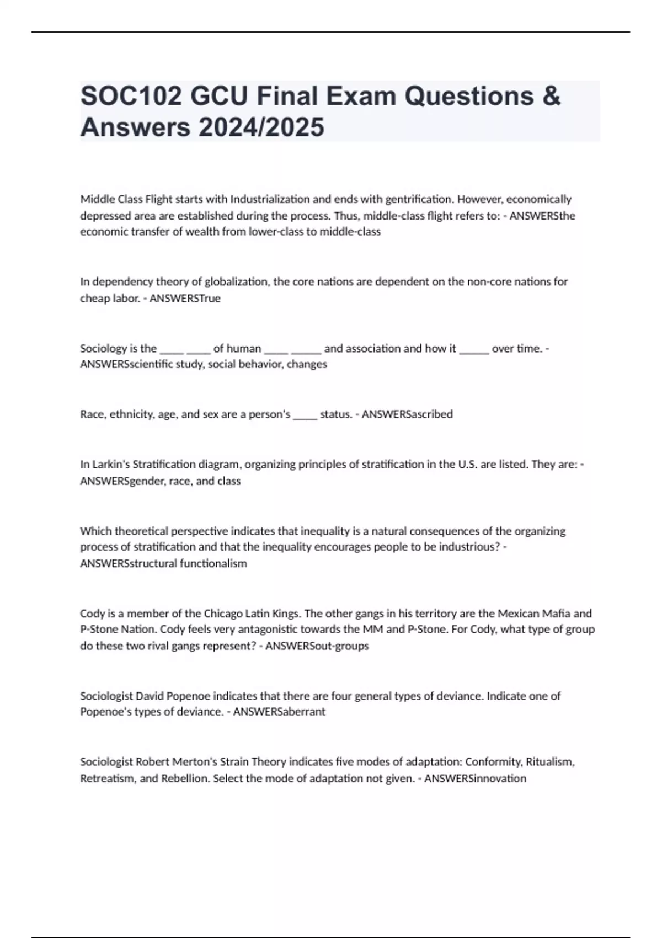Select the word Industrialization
[x=270, y=199]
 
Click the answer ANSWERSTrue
[x=185, y=299]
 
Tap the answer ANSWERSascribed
[x=407, y=414]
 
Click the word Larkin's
[x=109, y=465]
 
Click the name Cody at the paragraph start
[x=92, y=614]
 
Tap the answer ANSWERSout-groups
[x=317, y=646]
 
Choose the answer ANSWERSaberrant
[x=279, y=712]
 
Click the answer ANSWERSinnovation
[x=475, y=779]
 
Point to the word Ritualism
[x=549, y=762]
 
